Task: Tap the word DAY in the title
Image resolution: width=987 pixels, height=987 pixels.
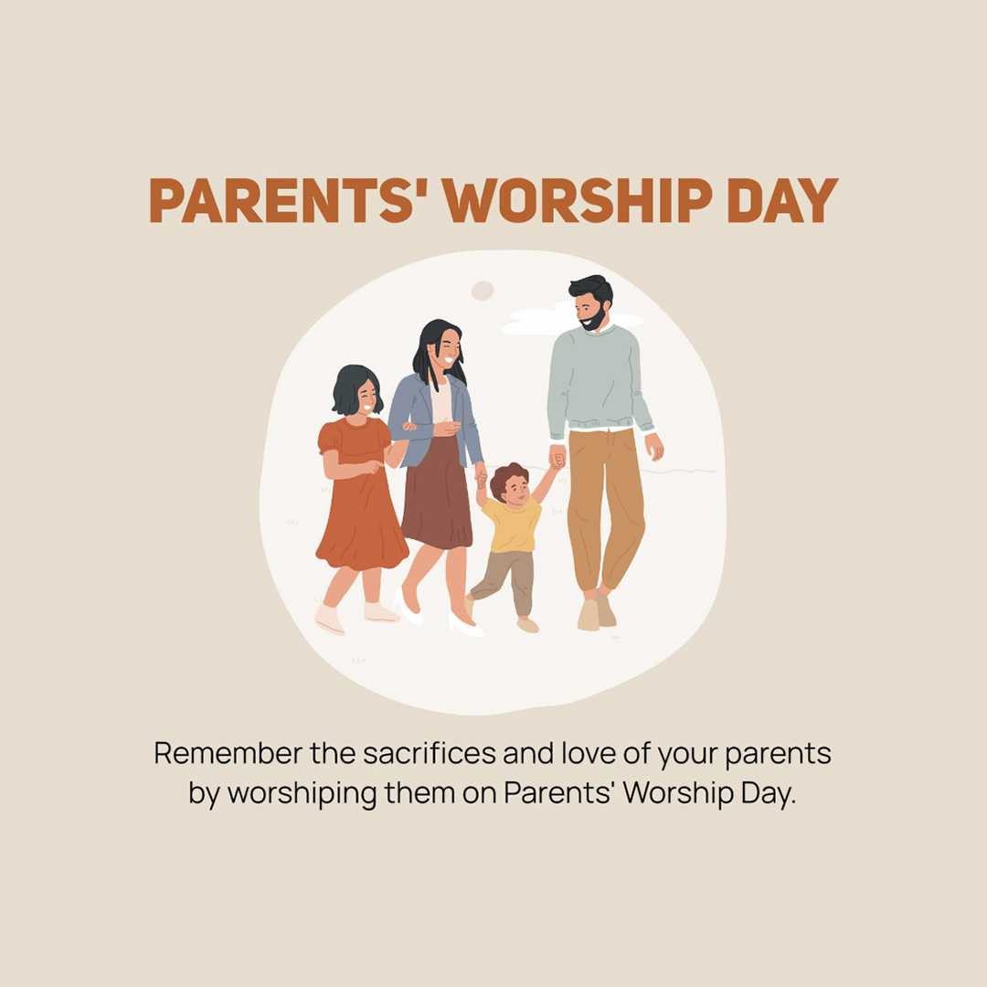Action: click(782, 200)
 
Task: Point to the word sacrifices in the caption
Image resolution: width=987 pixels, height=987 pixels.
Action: click(430, 753)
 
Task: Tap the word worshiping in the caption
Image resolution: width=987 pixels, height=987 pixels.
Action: click(302, 793)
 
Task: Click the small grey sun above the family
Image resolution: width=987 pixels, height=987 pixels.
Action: click(483, 291)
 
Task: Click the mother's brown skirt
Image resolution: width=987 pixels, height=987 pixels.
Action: click(437, 497)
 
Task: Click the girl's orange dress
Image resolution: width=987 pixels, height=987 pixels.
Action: click(360, 497)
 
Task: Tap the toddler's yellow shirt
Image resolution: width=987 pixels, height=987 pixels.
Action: click(513, 524)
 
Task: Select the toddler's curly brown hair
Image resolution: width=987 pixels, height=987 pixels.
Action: click(507, 476)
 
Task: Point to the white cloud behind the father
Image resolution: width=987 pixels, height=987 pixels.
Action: click(535, 321)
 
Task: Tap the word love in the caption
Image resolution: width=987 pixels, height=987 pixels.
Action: click(589, 753)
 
